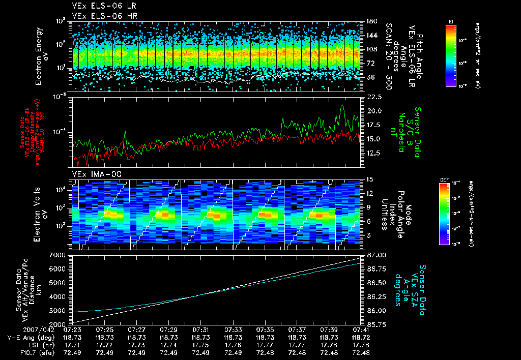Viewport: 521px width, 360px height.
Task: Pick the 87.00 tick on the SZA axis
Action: (375, 254)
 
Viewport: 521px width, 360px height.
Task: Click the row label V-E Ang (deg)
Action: (27, 337)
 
